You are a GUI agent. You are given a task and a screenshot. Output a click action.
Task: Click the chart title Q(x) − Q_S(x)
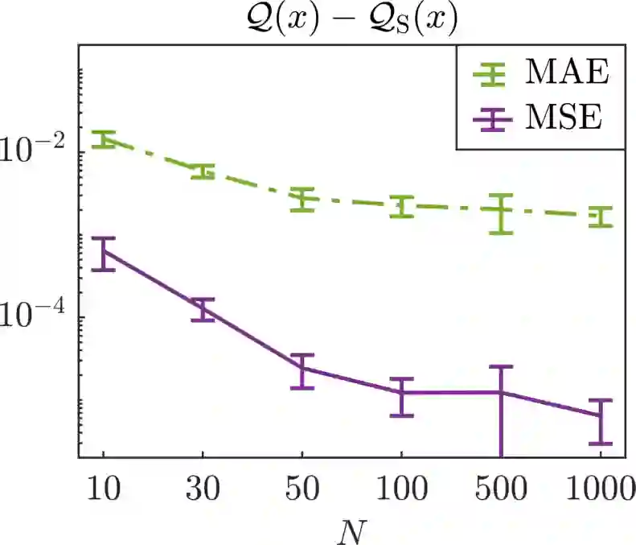click(355, 19)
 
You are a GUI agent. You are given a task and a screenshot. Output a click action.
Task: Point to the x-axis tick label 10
click(104, 489)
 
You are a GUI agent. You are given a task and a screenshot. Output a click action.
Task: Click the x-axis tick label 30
click(203, 489)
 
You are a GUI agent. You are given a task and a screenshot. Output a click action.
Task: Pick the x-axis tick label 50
click(302, 489)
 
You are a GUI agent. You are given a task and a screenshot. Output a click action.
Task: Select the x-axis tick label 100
click(401, 489)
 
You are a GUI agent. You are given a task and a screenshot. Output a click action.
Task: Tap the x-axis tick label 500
click(500, 489)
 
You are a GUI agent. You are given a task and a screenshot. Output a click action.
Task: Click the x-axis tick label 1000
click(599, 489)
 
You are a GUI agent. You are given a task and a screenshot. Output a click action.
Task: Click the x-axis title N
click(353, 528)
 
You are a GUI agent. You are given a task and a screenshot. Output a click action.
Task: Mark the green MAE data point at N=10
click(104, 139)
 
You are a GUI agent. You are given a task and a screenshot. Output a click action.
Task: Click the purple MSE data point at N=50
click(302, 368)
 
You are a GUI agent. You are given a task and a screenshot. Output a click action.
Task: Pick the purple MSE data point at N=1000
click(599, 415)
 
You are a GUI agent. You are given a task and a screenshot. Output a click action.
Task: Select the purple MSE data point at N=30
click(203, 308)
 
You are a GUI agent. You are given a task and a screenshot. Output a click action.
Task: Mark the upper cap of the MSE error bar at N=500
click(500, 367)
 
